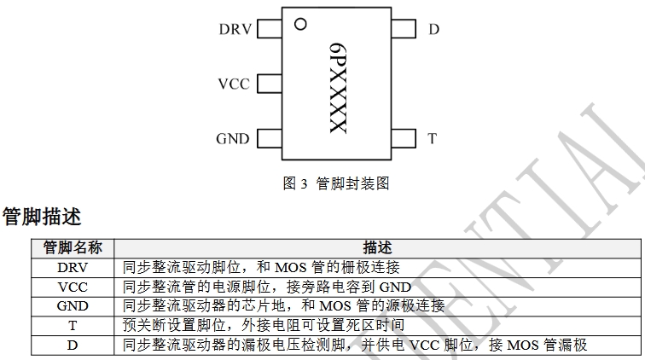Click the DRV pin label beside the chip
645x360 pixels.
[235, 30]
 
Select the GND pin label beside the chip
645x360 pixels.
[232, 139]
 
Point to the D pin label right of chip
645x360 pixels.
[433, 30]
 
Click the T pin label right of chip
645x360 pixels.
[433, 139]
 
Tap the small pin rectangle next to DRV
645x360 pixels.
[270, 30]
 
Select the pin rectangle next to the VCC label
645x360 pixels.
[270, 84]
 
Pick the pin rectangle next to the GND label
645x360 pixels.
[270, 139]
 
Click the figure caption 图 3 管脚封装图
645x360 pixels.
[335, 183]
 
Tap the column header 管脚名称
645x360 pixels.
[73, 247]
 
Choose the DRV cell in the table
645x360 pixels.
[73, 267]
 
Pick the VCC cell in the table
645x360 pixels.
[73, 287]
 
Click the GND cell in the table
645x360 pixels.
[73, 305]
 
